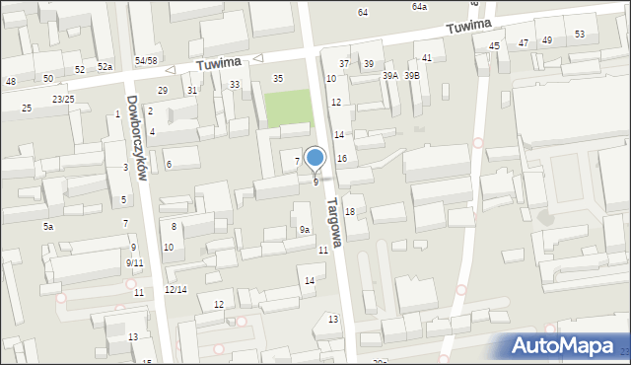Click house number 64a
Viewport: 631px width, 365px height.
(419, 6)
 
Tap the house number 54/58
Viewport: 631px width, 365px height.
(146, 61)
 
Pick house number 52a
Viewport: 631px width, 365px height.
(105, 67)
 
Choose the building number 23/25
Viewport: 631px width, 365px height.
(63, 100)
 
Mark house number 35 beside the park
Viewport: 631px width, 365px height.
(278, 78)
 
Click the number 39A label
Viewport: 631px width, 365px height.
(390, 76)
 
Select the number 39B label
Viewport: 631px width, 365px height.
(411, 76)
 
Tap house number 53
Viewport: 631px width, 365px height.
(579, 35)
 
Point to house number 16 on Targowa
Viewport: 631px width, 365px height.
(342, 158)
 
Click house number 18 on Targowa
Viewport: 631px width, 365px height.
(349, 212)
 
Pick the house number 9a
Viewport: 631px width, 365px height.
(306, 230)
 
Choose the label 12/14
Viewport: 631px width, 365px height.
(175, 289)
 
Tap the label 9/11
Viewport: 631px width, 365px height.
(135, 262)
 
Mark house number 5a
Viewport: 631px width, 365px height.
(47, 226)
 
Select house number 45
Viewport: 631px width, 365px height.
(494, 45)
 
